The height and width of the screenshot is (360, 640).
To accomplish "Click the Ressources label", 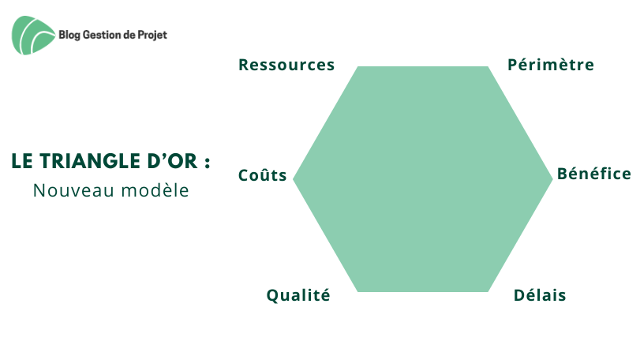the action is coord(286,65).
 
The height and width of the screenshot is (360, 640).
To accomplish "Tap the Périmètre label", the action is coord(551,65).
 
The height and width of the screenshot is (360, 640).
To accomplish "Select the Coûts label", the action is coord(263,175).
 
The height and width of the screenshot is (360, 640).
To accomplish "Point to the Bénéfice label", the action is coord(594,174).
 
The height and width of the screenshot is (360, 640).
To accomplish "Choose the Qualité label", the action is coord(298,295).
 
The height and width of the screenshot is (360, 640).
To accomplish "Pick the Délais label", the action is coord(540,295).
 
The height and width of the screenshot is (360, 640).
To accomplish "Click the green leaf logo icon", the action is coord(33,35).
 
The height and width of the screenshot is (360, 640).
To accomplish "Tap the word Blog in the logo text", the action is coord(69,35).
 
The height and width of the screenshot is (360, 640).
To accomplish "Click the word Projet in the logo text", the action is coord(152,35).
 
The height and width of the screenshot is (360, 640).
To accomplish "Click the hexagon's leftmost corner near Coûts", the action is coord(293,178).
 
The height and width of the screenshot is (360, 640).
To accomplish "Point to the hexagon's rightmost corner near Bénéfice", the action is coord(552,178).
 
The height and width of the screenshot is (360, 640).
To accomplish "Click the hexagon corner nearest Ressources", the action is coord(358,66).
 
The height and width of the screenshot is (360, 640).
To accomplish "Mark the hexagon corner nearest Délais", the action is coord(488,291).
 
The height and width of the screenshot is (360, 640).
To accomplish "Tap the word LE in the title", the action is coord(22,161).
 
